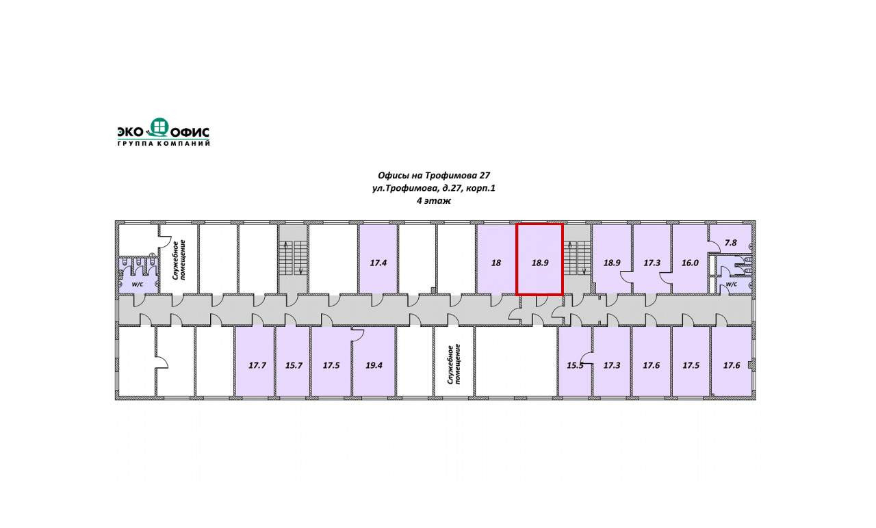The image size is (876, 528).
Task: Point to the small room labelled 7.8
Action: pyautogui.click(x=730, y=243)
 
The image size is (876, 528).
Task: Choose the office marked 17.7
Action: pyautogui.click(x=257, y=365)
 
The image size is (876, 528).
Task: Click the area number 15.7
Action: pyautogui.click(x=294, y=365)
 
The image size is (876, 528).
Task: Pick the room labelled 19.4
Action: pyautogui.click(x=374, y=365)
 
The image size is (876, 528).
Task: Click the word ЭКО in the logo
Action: pyautogui.click(x=132, y=131)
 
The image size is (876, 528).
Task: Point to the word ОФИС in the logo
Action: pyautogui.click(x=190, y=131)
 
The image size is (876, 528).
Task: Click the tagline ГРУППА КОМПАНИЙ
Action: pyautogui.click(x=164, y=143)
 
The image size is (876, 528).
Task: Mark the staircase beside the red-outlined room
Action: pyautogui.click(x=577, y=258)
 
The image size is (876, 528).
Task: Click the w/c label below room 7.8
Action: pyautogui.click(x=731, y=284)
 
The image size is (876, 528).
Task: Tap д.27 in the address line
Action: pyautogui.click(x=452, y=188)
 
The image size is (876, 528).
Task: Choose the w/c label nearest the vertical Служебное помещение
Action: pyautogui.click(x=136, y=284)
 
